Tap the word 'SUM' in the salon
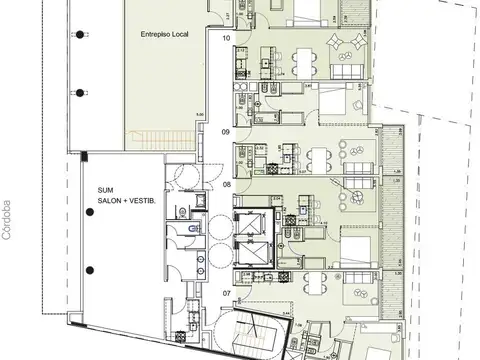106,190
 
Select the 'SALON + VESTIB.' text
126,201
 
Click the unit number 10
227,37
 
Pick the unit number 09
226,132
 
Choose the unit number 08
227,185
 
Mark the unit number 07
227,293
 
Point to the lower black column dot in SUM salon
89,270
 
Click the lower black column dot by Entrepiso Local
78,92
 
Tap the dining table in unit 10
303,61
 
